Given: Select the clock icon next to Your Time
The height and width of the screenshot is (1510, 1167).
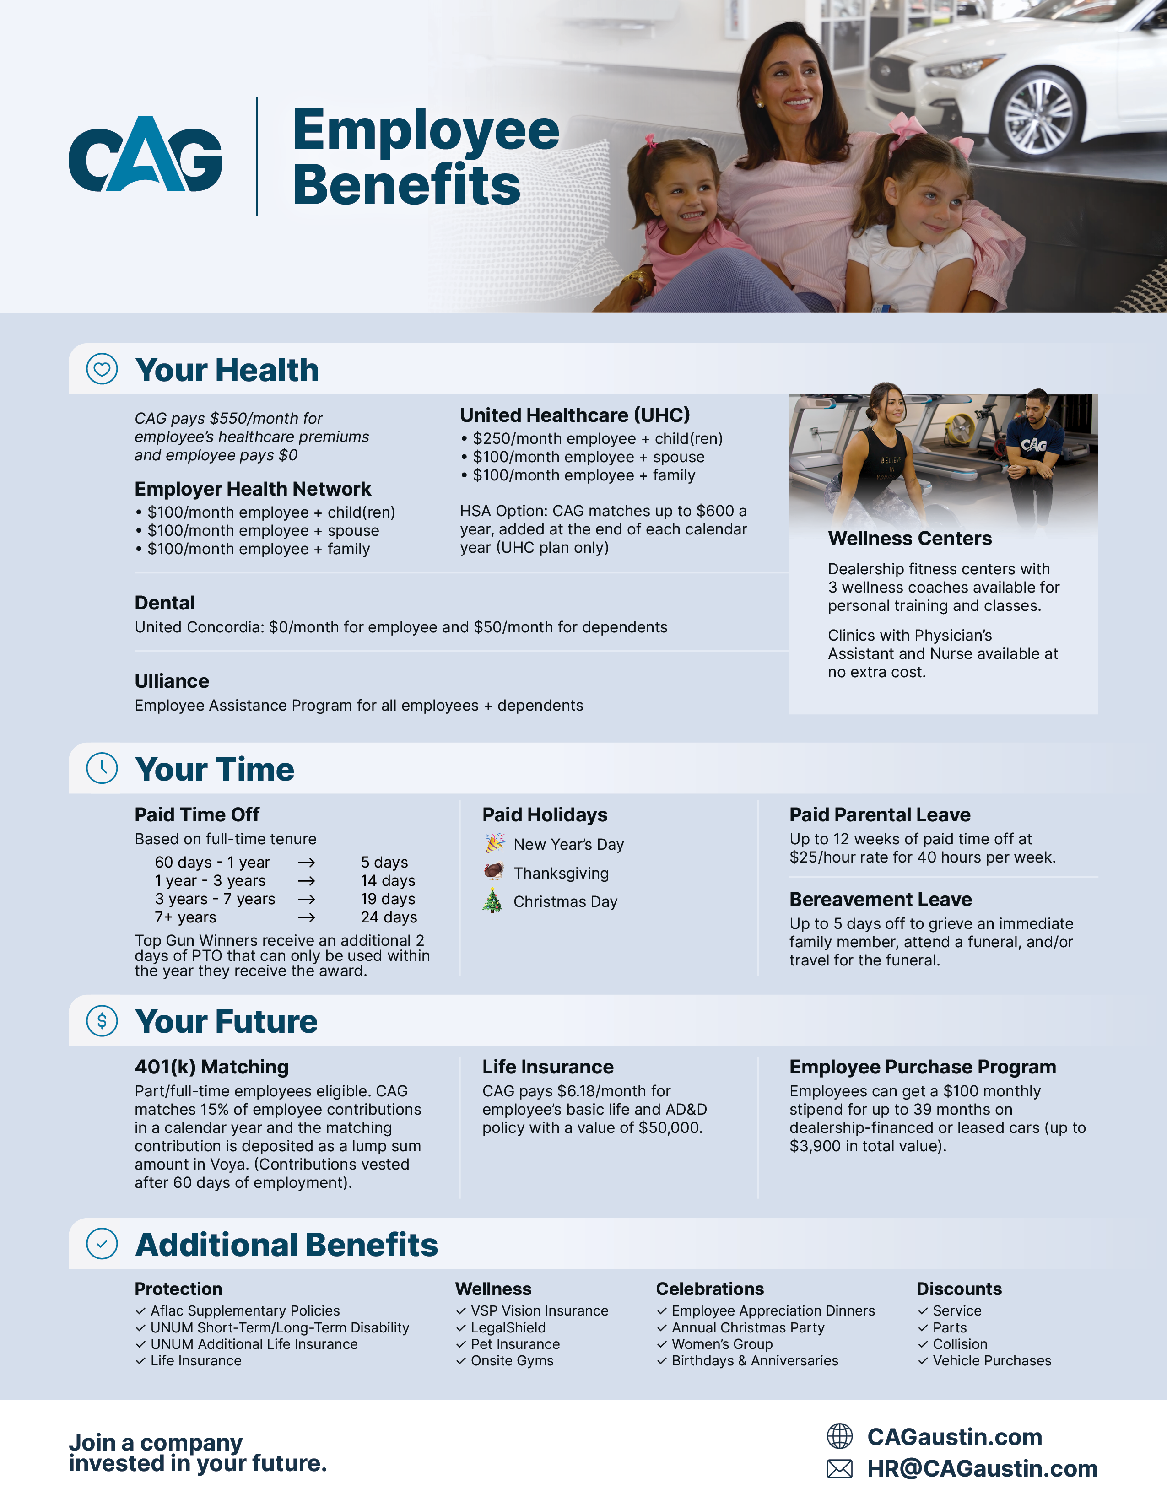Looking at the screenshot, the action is [102, 768].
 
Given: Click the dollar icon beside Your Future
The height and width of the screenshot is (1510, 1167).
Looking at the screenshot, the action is [102, 1020].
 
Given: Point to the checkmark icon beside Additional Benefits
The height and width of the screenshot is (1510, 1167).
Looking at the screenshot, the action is [102, 1244].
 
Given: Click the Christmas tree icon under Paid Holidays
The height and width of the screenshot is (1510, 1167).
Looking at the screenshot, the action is [492, 901].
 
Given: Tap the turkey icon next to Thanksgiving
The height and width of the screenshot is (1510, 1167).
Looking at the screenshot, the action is [493, 872].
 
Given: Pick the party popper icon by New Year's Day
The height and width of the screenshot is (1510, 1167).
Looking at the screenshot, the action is [494, 843].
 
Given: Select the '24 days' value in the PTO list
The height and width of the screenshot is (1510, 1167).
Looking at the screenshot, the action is [389, 917].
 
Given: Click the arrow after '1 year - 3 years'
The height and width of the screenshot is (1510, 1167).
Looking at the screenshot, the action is [306, 881].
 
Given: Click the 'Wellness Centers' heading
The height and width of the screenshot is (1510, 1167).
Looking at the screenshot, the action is [910, 539].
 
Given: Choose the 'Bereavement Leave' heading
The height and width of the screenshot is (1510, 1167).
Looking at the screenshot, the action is [881, 900].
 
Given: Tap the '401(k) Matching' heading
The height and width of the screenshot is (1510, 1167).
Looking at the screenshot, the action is [211, 1067].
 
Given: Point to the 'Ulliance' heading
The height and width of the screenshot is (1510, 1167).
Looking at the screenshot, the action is [172, 681].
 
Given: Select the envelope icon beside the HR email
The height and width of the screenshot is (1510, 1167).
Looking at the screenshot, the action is [840, 1468].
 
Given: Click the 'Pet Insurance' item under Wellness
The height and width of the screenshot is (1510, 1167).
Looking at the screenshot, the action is [515, 1344].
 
